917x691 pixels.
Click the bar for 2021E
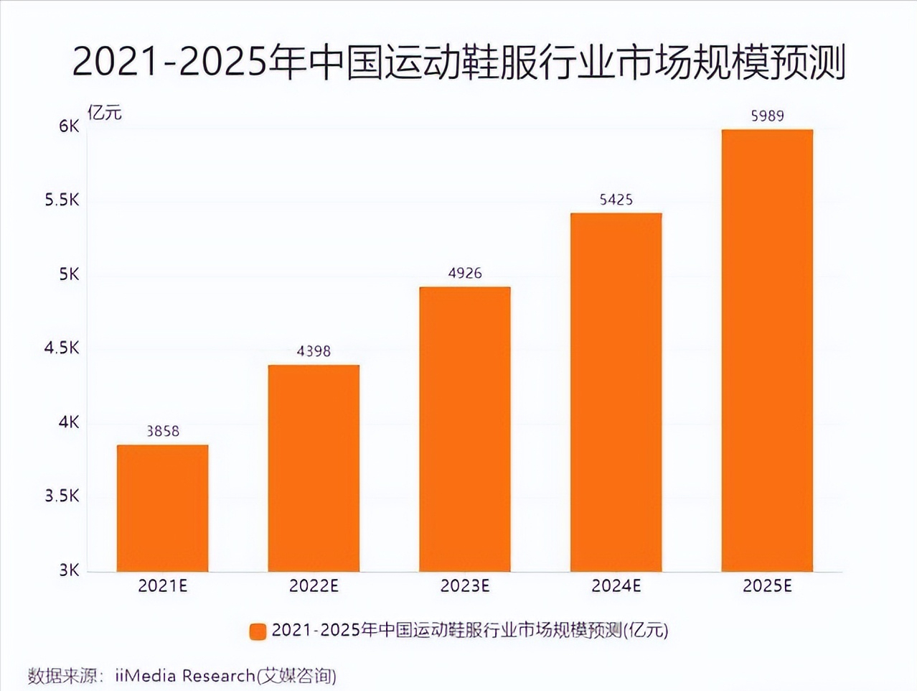[x=163, y=508]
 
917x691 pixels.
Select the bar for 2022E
[x=314, y=468]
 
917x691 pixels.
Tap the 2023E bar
[x=465, y=429]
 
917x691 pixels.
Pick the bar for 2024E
[x=616, y=392]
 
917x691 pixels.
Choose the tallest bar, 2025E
[x=767, y=351]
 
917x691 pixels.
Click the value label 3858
[x=163, y=431]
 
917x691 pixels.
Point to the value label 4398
[x=314, y=351]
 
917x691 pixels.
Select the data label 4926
[x=465, y=273]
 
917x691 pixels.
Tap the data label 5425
[x=616, y=200]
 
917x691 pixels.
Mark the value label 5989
[x=767, y=116]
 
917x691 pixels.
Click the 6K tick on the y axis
[x=70, y=126]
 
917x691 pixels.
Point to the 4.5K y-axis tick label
[x=62, y=348]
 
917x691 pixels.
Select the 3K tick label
[x=70, y=570]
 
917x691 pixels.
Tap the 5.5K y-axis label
[x=62, y=200]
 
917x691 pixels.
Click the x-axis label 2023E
[x=465, y=586]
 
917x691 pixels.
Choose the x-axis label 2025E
[x=767, y=586]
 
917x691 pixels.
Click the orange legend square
[x=258, y=631]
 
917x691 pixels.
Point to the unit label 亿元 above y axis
[x=105, y=112]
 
